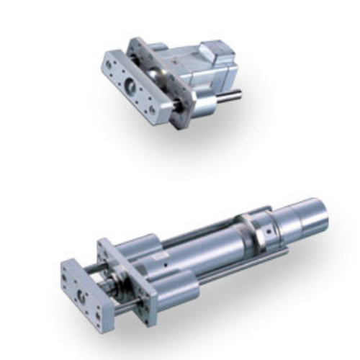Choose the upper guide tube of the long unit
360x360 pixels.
pos(144,245)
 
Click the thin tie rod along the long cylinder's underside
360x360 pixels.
pos(238,270)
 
